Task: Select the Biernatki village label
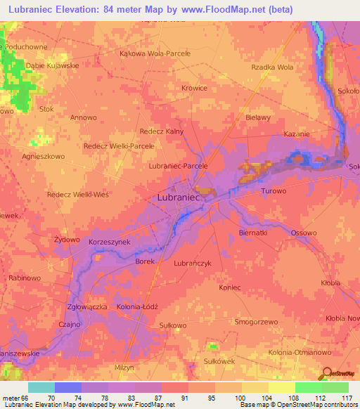pos(253,232)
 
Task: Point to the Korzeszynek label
pos(110,242)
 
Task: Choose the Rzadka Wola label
pos(271,67)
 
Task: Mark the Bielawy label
pos(258,117)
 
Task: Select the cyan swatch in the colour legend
pos(41,387)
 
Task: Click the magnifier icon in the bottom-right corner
pos(326,373)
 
